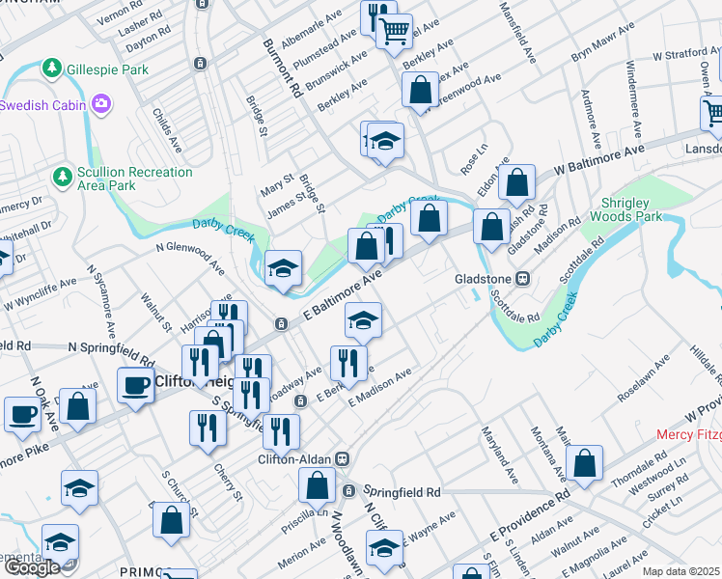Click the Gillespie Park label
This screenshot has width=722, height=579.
(108, 69)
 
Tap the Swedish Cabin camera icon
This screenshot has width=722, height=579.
(101, 102)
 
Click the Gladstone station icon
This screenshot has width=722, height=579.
(523, 279)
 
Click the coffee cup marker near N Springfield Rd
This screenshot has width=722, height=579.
(135, 386)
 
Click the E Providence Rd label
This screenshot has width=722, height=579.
(529, 518)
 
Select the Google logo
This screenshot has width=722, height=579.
(33, 566)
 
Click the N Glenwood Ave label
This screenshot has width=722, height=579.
(190, 252)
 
